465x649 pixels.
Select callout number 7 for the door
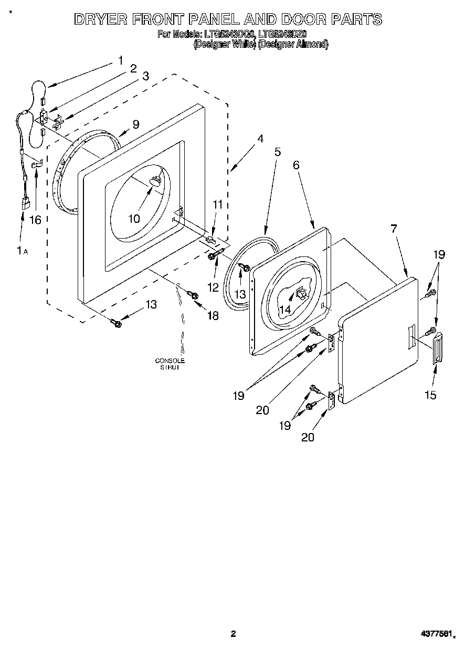394,229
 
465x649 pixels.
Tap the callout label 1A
22,252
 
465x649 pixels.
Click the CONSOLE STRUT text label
170,364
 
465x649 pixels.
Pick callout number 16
35,220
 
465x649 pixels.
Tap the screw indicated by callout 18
194,296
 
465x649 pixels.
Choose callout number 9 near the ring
136,125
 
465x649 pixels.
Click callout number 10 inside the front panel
134,218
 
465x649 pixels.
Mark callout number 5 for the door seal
277,152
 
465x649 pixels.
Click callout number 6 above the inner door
296,164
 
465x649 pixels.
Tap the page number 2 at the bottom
233,634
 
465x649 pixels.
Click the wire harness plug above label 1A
25,202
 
